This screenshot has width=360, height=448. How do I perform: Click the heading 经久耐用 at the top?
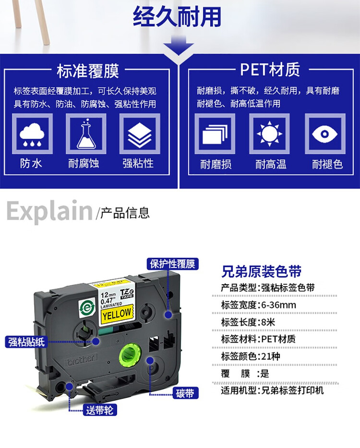(178, 16)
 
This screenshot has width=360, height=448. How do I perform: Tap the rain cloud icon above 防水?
(32, 134)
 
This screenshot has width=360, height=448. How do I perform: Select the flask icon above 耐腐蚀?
(86, 134)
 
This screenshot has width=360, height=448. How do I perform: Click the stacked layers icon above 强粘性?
(139, 134)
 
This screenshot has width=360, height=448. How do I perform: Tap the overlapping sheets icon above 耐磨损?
(215, 134)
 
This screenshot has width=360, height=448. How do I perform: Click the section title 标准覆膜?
(87, 71)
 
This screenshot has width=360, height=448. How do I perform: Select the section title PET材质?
(270, 70)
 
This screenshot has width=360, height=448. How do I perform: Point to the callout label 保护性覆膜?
(173, 264)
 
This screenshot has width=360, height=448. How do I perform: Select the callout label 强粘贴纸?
(26, 342)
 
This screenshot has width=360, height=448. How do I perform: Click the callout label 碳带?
(184, 394)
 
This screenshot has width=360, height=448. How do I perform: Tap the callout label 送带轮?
(99, 410)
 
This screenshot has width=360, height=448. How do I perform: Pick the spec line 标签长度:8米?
(245, 322)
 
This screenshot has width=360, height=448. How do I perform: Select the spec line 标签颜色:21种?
(248, 356)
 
